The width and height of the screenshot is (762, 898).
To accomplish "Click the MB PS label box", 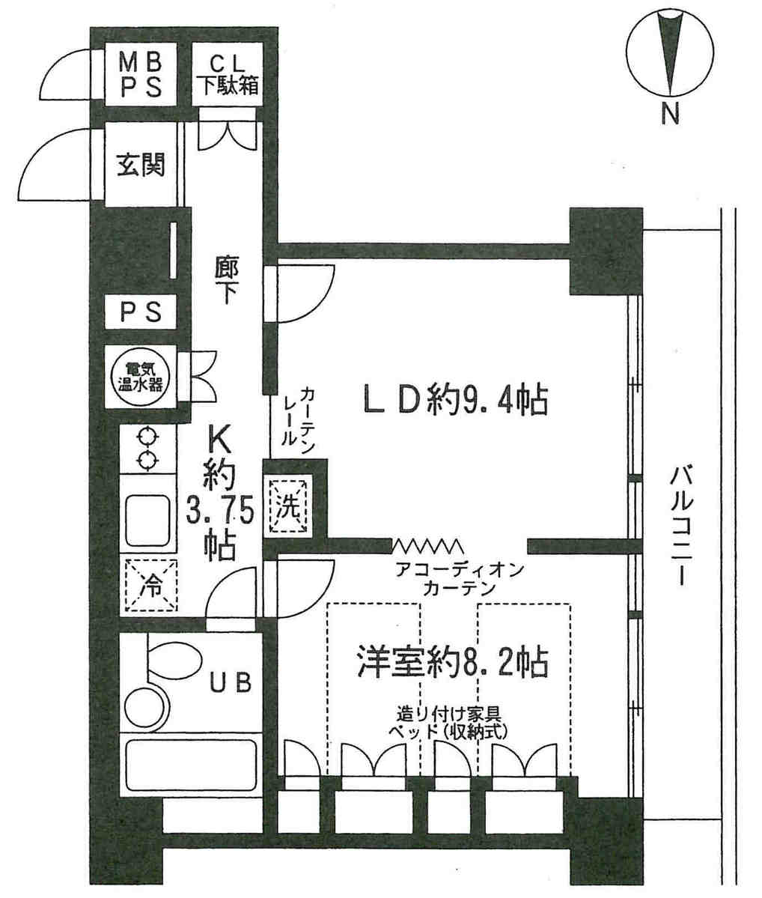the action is click(x=140, y=75).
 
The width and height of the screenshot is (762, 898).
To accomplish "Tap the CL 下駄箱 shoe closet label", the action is click(x=228, y=75).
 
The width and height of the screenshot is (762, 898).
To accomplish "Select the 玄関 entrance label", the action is click(x=141, y=165).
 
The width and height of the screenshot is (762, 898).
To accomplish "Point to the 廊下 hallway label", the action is click(x=227, y=279).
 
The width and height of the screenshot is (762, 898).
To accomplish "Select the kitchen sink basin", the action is click(x=148, y=521).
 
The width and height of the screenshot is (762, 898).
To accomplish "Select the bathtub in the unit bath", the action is click(x=191, y=767).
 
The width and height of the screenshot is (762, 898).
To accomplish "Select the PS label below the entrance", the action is click(x=141, y=313).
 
